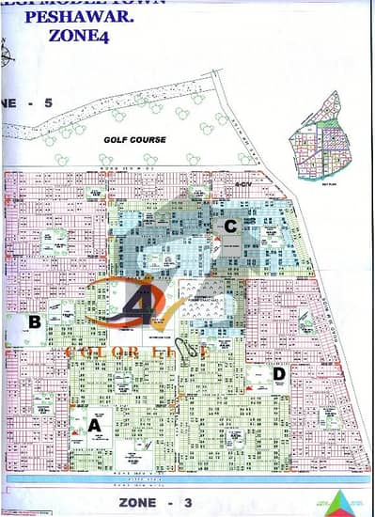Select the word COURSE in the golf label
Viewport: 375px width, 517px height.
tap(149, 139)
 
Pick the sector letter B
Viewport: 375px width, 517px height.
tap(34, 321)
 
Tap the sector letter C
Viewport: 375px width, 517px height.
tap(229, 226)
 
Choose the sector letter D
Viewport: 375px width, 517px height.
tap(279, 373)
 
